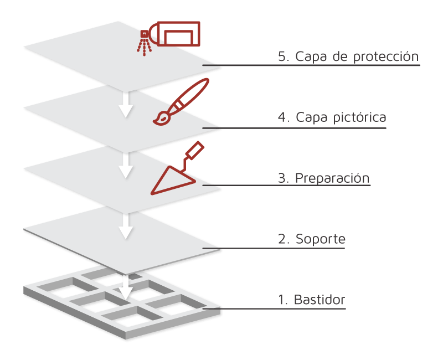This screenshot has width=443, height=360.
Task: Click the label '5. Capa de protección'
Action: tap(348, 56)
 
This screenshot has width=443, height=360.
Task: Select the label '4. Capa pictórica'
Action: tap(332, 117)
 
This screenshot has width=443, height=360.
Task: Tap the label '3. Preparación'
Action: tap(323, 178)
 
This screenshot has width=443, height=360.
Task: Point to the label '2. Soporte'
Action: tap(311, 239)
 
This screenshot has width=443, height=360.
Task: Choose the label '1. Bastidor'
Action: tap(311, 300)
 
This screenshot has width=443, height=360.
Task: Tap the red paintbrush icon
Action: tap(181, 103)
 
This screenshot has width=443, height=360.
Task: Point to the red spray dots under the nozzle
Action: tap(144, 48)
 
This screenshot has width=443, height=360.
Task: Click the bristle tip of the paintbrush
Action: tap(160, 118)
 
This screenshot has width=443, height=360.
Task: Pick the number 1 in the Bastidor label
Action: tap(281, 300)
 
